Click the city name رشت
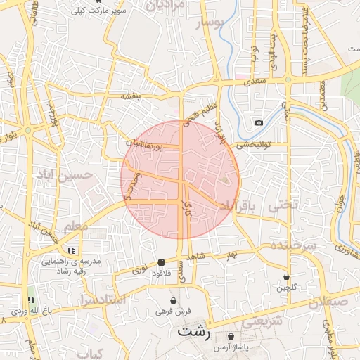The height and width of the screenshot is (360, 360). tap(195, 332)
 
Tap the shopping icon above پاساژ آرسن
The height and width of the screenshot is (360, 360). tap(231, 337)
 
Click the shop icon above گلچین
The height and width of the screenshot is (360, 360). tap(286, 276)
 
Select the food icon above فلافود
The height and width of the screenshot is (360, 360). tap(162, 262)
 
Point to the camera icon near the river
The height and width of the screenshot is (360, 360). tap(259, 123)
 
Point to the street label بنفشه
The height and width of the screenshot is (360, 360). tap(131, 96)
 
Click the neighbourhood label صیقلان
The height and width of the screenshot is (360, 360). tap(328, 302)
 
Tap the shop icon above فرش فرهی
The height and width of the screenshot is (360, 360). tap(173, 300)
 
